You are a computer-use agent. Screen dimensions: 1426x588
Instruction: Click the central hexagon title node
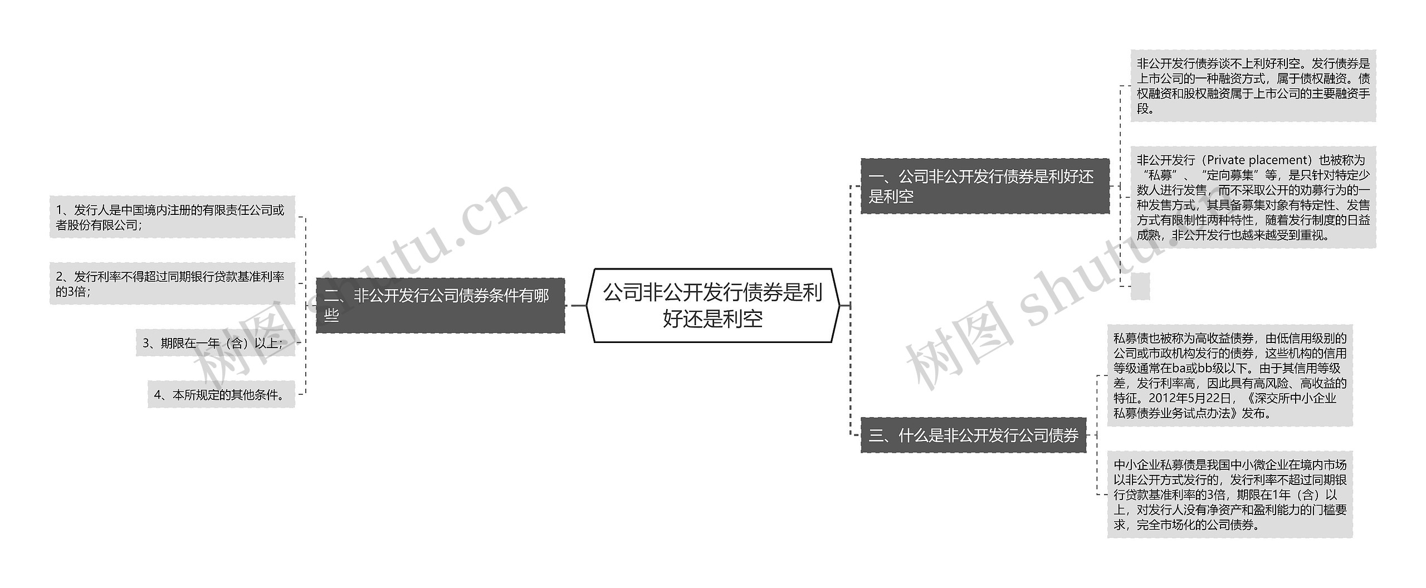(712, 305)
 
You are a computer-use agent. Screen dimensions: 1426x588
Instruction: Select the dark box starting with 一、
(984, 186)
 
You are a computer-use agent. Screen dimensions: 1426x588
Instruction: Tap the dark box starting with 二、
(440, 305)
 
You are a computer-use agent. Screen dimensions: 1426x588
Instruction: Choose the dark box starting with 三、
(973, 435)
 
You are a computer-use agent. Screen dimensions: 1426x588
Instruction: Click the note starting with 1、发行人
(172, 217)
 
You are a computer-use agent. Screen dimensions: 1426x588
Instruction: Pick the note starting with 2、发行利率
(172, 283)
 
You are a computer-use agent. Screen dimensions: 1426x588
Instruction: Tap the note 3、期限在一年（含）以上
(215, 343)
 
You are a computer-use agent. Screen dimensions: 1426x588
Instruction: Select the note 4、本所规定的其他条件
(221, 395)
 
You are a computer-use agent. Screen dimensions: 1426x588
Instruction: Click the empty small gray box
(1140, 286)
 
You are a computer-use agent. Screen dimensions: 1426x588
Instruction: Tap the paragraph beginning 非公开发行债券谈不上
(1253, 86)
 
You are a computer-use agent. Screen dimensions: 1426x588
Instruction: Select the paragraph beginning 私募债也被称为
(1229, 375)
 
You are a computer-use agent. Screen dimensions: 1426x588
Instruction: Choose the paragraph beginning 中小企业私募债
(1229, 494)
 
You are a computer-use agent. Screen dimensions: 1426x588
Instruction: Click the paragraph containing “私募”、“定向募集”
(1253, 198)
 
